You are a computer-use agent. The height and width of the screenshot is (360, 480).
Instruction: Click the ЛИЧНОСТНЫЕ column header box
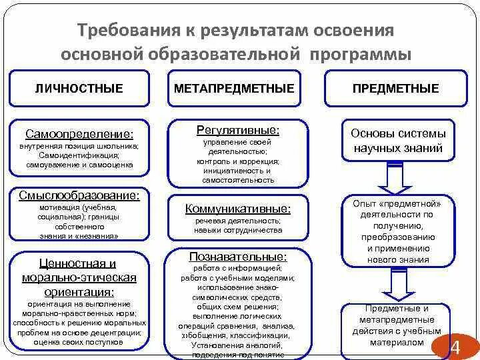79,89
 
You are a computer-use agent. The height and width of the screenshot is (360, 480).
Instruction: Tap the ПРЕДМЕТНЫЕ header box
395,89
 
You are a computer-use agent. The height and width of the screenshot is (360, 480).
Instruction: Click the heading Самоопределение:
79,133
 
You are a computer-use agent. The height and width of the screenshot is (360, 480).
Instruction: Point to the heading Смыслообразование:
79,196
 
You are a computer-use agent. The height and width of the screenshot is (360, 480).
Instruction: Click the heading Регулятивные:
237,129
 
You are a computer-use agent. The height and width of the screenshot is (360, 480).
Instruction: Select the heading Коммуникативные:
238,209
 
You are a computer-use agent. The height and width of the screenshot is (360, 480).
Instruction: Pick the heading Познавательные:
238,256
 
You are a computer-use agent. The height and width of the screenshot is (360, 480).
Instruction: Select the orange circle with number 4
455,347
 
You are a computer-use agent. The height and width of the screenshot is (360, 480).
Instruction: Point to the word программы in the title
360,54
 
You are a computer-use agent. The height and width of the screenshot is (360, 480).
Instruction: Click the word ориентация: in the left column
79,292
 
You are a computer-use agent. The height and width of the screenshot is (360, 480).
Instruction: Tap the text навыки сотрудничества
238,230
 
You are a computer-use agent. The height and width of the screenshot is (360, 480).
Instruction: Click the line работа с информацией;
238,268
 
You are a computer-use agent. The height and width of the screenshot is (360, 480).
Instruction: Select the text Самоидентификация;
79,155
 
